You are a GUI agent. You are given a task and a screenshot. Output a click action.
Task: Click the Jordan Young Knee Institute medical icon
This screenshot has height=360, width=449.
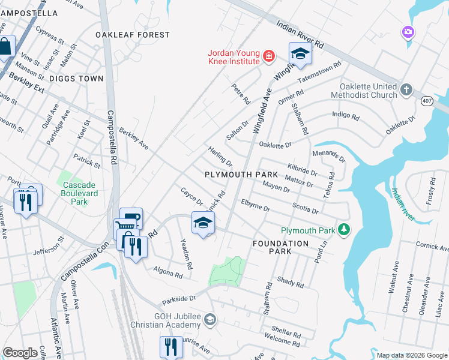point(269,56)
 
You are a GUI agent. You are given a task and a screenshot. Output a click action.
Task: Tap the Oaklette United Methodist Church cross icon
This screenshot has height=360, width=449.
point(406,90)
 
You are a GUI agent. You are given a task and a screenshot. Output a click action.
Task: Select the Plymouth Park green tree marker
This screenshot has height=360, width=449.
point(343,230)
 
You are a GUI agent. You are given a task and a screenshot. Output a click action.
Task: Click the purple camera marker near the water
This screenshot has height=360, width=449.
point(409,31)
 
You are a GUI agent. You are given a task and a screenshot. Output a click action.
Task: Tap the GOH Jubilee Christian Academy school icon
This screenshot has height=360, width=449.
point(209,318)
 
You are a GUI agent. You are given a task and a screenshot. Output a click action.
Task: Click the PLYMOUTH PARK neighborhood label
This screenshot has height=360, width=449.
point(241,174)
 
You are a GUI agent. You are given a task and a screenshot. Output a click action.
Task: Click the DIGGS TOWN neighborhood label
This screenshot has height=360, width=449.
point(77,79)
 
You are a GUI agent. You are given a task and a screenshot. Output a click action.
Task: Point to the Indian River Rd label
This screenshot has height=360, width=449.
point(300,35)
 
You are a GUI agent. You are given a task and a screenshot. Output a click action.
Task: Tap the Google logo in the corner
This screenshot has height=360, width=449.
point(20,353)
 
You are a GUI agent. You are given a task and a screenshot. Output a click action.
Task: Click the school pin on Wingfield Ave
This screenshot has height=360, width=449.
point(300,54)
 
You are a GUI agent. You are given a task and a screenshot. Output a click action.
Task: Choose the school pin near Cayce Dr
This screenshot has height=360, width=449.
point(203,223)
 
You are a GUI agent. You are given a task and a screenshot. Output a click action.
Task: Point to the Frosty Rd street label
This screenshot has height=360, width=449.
point(430,190)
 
